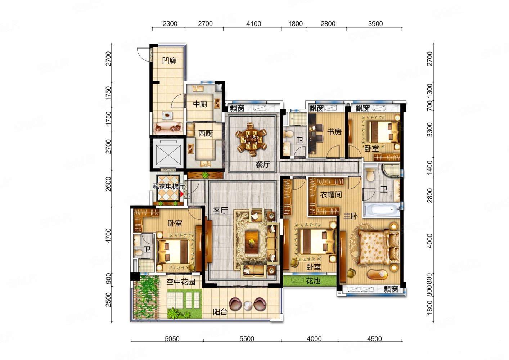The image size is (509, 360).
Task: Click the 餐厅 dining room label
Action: (263, 164)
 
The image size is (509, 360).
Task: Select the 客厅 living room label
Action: (220, 211)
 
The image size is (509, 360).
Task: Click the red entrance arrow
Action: (182, 194)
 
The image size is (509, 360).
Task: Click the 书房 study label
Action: (334, 132)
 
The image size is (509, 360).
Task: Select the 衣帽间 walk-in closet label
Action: (331, 194)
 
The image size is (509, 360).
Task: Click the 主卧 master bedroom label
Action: (350, 216)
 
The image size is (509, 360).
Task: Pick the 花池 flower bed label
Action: (313, 281)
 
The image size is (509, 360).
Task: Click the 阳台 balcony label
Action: (220, 312)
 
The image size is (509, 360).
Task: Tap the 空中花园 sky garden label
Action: (181, 282)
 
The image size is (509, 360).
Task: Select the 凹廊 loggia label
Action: (169, 60)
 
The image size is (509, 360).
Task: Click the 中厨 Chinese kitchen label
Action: (200, 104)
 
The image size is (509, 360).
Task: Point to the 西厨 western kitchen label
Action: (206, 134)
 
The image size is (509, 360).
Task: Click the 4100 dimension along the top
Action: (253, 24)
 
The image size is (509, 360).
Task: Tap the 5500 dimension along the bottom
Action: (247, 339)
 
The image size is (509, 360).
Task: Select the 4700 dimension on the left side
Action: (109, 236)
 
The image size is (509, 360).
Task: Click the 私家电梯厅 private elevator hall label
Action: (168, 187)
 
